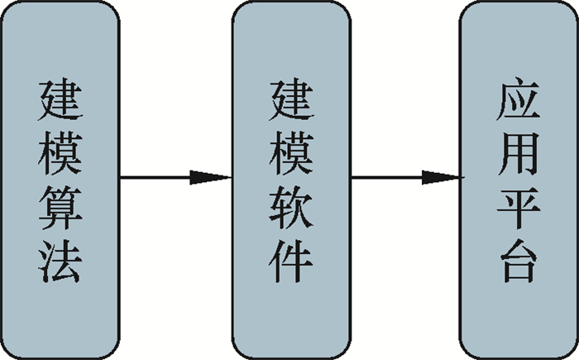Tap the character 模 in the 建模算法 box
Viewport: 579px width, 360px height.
tap(60, 152)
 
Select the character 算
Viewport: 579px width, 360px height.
tap(60, 206)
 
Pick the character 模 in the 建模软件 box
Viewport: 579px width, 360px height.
tap(290, 152)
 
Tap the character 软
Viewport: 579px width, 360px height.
tap(290, 206)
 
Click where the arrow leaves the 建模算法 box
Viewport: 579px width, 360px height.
tap(122, 177)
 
